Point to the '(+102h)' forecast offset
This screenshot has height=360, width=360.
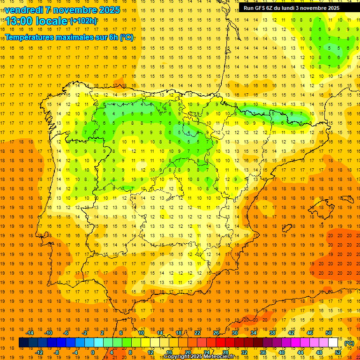point(83,21)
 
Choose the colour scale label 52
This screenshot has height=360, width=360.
point(338,352)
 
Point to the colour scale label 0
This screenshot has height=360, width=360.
point(93,352)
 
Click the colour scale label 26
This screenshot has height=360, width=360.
point(216,333)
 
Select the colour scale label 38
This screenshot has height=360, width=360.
point(272,333)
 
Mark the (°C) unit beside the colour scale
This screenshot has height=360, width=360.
point(349,343)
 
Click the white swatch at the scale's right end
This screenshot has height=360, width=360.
point(333,343)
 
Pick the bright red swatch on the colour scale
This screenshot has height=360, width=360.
point(220,343)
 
